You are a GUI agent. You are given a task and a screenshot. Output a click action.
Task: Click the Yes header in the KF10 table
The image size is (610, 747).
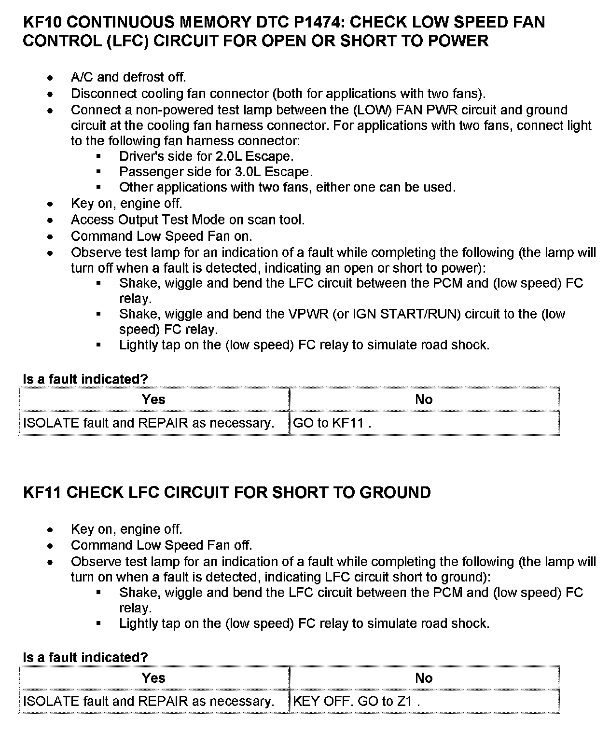153,399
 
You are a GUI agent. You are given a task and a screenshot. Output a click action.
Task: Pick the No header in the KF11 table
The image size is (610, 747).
424,678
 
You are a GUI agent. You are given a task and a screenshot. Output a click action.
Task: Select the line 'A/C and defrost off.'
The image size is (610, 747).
128,77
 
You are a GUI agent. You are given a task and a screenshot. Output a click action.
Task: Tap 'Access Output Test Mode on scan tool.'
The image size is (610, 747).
188,220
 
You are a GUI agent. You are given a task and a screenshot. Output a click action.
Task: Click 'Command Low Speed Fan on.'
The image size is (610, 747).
162,236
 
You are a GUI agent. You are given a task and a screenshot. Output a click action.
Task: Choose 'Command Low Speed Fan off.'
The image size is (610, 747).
162,545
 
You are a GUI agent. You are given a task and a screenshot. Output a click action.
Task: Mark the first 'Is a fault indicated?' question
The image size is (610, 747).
85,379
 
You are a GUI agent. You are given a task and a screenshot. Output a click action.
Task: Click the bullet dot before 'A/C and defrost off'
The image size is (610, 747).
50,78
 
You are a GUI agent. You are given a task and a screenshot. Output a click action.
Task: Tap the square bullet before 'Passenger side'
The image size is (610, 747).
98,172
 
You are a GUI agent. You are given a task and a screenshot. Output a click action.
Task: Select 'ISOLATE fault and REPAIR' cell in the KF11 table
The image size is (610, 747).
149,701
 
